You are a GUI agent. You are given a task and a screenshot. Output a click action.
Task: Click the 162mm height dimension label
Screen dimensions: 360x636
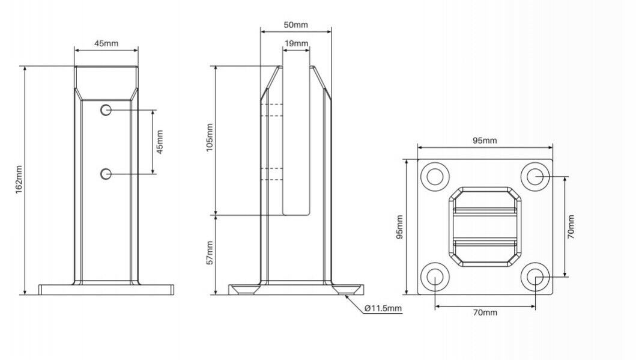(18, 179)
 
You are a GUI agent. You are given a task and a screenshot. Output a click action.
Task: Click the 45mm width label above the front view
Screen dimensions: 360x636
(106, 43)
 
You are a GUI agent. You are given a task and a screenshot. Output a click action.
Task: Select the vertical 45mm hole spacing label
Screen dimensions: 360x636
(160, 142)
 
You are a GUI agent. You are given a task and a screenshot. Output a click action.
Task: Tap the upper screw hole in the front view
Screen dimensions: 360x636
(106, 110)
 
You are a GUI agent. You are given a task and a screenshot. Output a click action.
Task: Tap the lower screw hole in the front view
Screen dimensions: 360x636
(106, 174)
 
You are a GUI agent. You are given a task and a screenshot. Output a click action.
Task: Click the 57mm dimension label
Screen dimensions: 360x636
(210, 254)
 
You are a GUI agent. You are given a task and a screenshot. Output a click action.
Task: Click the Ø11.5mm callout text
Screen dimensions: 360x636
(383, 308)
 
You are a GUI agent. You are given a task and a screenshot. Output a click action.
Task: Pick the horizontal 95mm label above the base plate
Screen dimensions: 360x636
(484, 141)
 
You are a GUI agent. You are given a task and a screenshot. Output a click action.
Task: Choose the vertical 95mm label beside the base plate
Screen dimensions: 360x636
(399, 227)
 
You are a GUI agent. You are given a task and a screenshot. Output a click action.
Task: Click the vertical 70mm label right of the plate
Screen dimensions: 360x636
(571, 227)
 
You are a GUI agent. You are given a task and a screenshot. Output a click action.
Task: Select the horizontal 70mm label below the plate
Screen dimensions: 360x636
(484, 313)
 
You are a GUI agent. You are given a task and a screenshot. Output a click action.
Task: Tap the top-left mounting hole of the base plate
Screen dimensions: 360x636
(435, 176)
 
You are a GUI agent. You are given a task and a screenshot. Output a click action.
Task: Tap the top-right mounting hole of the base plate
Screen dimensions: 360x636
(534, 176)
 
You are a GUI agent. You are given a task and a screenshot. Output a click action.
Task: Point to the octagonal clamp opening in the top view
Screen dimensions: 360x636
(485, 227)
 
